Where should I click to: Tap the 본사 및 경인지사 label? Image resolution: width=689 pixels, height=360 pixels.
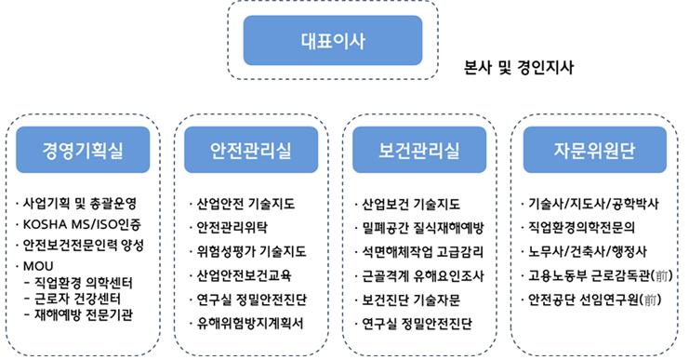[x=519, y=68]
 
